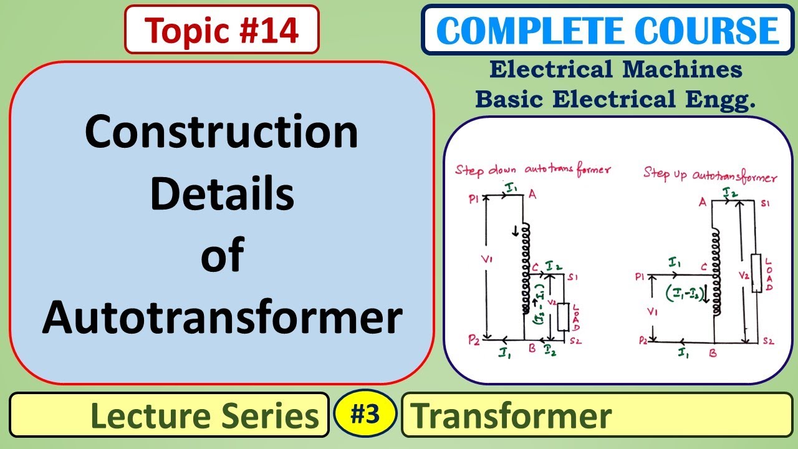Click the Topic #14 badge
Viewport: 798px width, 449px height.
[x=222, y=30]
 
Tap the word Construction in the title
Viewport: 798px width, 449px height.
[x=222, y=132]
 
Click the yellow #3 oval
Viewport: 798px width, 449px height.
[x=365, y=413]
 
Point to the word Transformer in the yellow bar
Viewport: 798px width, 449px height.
[x=511, y=415]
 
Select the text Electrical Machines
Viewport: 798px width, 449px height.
[x=615, y=69]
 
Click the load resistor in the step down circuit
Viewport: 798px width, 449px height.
[x=563, y=317]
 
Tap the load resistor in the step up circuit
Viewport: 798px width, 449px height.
[x=757, y=273]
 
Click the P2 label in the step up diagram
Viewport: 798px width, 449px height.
[x=642, y=341]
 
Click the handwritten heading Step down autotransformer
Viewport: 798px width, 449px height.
[x=532, y=170]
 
